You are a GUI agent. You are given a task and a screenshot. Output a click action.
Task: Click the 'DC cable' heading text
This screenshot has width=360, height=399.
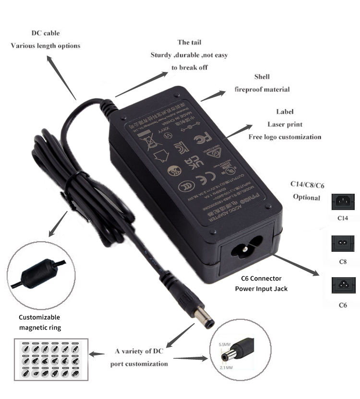pos(46,34)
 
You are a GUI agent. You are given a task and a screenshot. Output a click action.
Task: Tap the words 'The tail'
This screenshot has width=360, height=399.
pos(189,43)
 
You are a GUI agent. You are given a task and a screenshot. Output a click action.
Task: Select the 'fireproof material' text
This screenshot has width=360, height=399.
pos(262,89)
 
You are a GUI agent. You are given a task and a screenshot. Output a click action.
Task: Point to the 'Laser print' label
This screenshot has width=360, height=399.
pos(285,124)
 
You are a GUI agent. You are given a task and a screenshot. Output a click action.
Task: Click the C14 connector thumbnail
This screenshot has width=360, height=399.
pos(342,201)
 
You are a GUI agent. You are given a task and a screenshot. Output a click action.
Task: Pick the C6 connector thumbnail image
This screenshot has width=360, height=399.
pos(342,286)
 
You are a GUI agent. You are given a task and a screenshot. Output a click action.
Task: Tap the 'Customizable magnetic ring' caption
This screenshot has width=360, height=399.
pos(39,322)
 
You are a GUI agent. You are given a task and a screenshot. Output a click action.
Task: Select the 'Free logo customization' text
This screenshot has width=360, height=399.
pos(285,137)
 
